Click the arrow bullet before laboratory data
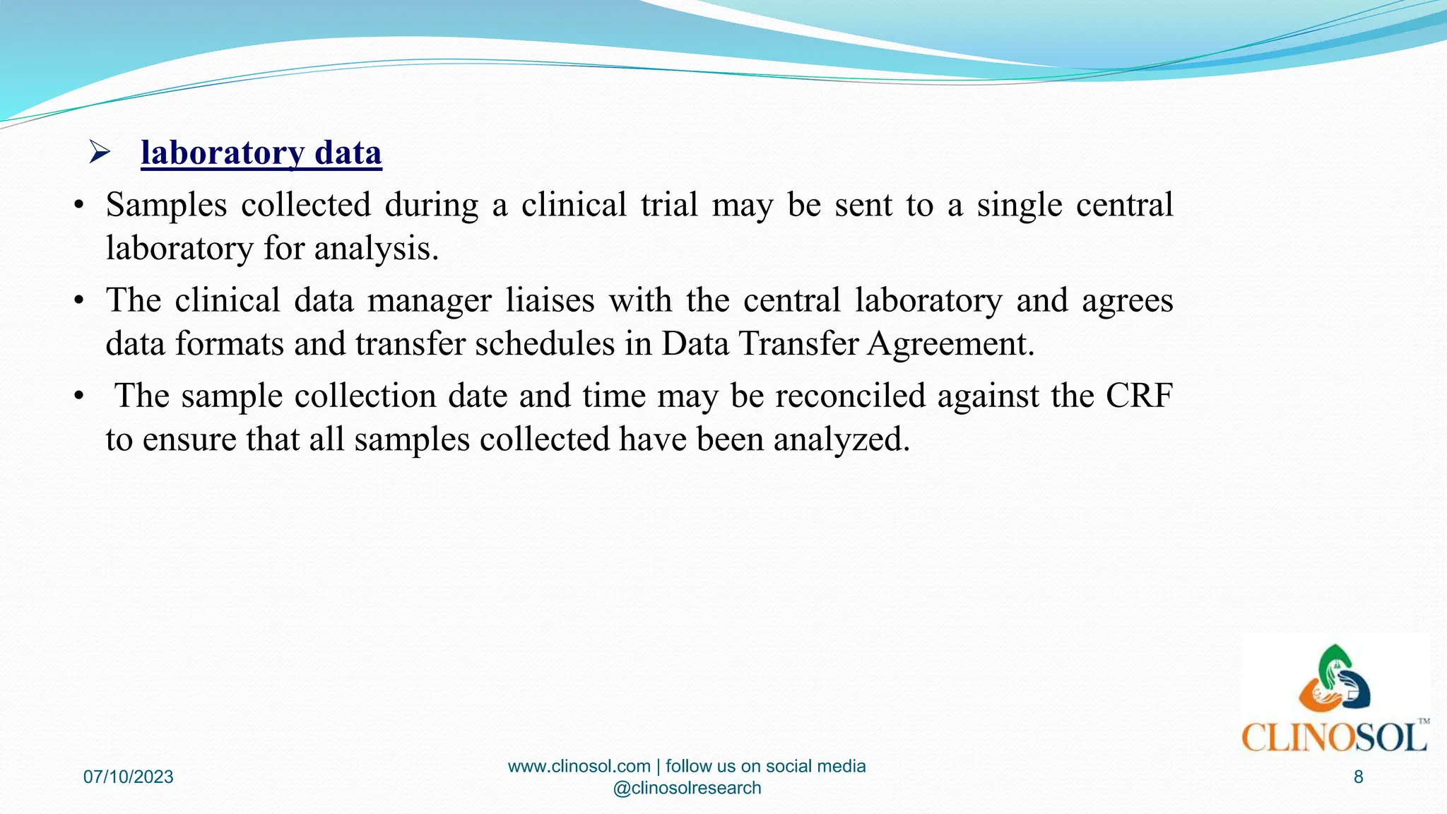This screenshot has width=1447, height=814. pos(100,152)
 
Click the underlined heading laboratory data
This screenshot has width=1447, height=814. pos(261,153)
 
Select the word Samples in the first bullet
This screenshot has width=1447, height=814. pos(166,205)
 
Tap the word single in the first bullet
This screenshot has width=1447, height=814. pos(1019,205)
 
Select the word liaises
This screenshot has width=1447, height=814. pos(550,300)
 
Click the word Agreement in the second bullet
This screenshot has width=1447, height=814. pos(950,344)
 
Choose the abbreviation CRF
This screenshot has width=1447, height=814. pos(1139,396)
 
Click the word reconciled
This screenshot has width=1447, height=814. pos(850,396)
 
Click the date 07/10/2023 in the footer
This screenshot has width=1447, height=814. pos(129,777)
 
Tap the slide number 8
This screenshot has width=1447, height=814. pos(1358,777)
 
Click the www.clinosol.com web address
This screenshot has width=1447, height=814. pos(579,767)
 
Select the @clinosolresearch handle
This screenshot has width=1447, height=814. pos(687,788)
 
